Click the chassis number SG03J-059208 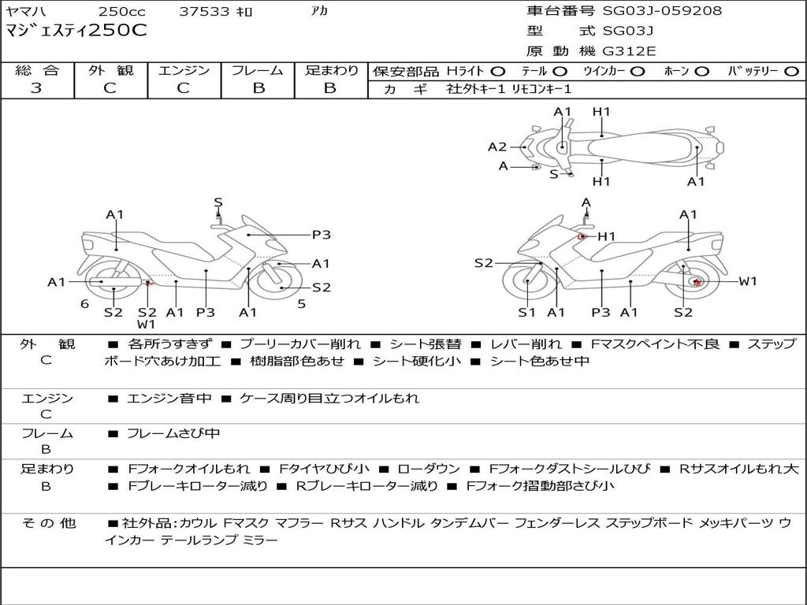click(x=662, y=10)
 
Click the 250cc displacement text click(x=122, y=11)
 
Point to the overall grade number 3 click(x=36, y=88)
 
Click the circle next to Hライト click(x=498, y=72)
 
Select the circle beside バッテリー click(x=792, y=72)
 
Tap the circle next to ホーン click(x=701, y=72)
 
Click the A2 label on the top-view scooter click(x=497, y=147)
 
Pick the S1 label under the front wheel click(x=526, y=312)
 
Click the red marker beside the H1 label click(x=582, y=236)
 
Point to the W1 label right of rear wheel click(x=748, y=281)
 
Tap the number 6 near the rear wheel click(x=85, y=304)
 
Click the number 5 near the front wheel click(x=302, y=304)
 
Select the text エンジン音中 click(x=169, y=398)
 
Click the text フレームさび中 click(x=173, y=434)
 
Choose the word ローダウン click(x=429, y=469)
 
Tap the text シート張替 click(x=425, y=344)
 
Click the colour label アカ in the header click(x=320, y=11)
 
